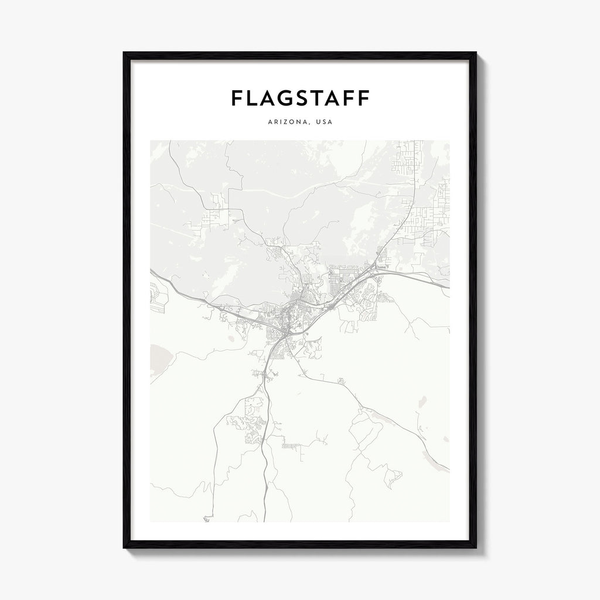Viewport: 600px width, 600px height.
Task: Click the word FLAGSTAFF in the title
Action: pos(300,98)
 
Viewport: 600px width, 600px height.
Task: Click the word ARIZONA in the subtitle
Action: pos(287,122)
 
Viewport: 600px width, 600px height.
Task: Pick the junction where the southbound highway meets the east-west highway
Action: pos(284,333)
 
